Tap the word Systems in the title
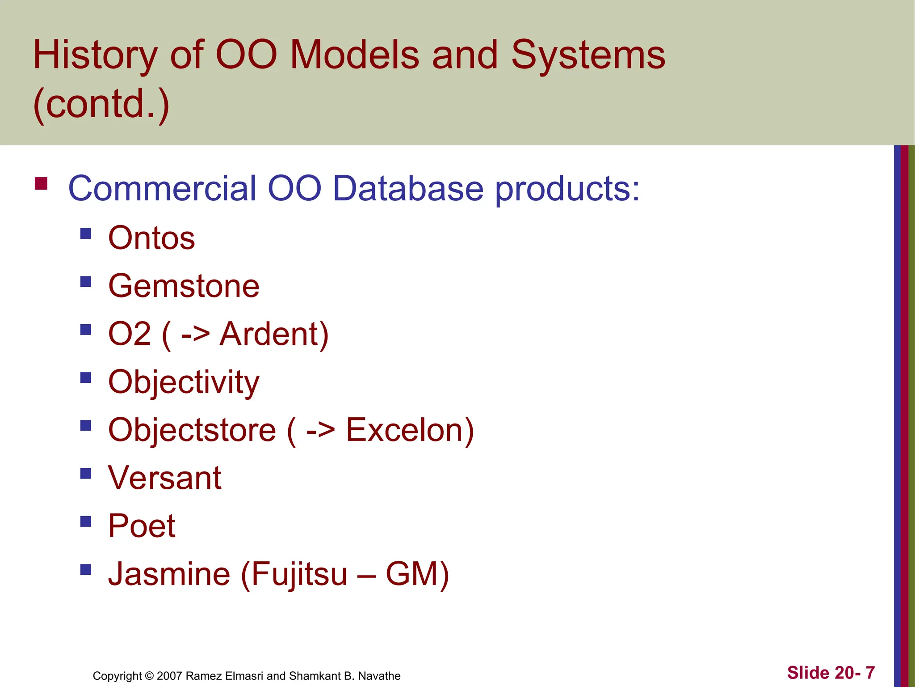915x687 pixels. [588, 55]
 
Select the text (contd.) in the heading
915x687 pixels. [101, 104]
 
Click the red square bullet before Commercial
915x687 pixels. [41, 184]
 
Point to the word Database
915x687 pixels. [408, 188]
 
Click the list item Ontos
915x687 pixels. [151, 238]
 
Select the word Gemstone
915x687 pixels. [184, 286]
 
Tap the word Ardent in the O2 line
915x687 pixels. [274, 334]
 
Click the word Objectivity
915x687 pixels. [184, 382]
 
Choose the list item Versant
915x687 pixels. [164, 478]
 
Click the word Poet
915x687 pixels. [142, 526]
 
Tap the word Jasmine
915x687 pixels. [169, 574]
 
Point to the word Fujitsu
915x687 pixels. [298, 574]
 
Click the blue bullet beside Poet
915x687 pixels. [86, 522]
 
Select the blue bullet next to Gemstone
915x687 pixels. [86, 281]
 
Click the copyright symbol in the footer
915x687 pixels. [149, 676]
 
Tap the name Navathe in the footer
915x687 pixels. [379, 676]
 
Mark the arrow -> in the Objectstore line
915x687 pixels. [320, 430]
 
